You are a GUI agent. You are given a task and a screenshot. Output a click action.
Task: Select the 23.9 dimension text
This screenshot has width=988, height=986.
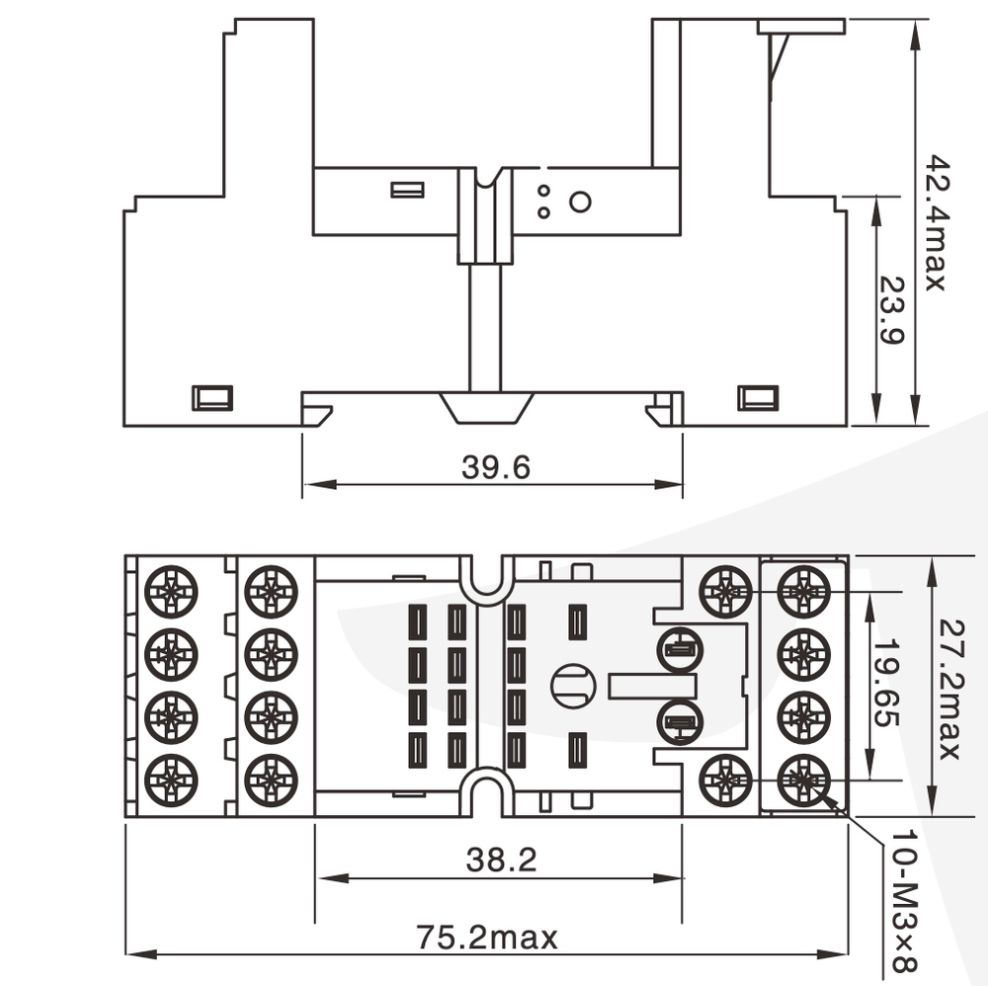891,309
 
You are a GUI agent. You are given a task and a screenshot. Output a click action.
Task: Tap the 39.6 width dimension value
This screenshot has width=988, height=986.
495,467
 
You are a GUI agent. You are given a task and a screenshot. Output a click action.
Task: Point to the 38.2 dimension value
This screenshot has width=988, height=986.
501,861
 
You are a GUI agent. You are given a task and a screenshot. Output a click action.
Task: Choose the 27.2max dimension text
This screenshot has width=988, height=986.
948,689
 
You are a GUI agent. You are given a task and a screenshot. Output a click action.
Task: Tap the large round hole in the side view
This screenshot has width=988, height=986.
581,203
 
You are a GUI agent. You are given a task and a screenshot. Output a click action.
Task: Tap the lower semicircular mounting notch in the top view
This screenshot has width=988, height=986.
485,793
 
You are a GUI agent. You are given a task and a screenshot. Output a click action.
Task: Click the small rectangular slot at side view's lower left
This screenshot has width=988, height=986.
211,397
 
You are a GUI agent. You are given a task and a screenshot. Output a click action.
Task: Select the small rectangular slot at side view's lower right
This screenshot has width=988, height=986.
758,397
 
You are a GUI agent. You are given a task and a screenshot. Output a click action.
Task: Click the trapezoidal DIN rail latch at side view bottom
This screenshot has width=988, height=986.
486,407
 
